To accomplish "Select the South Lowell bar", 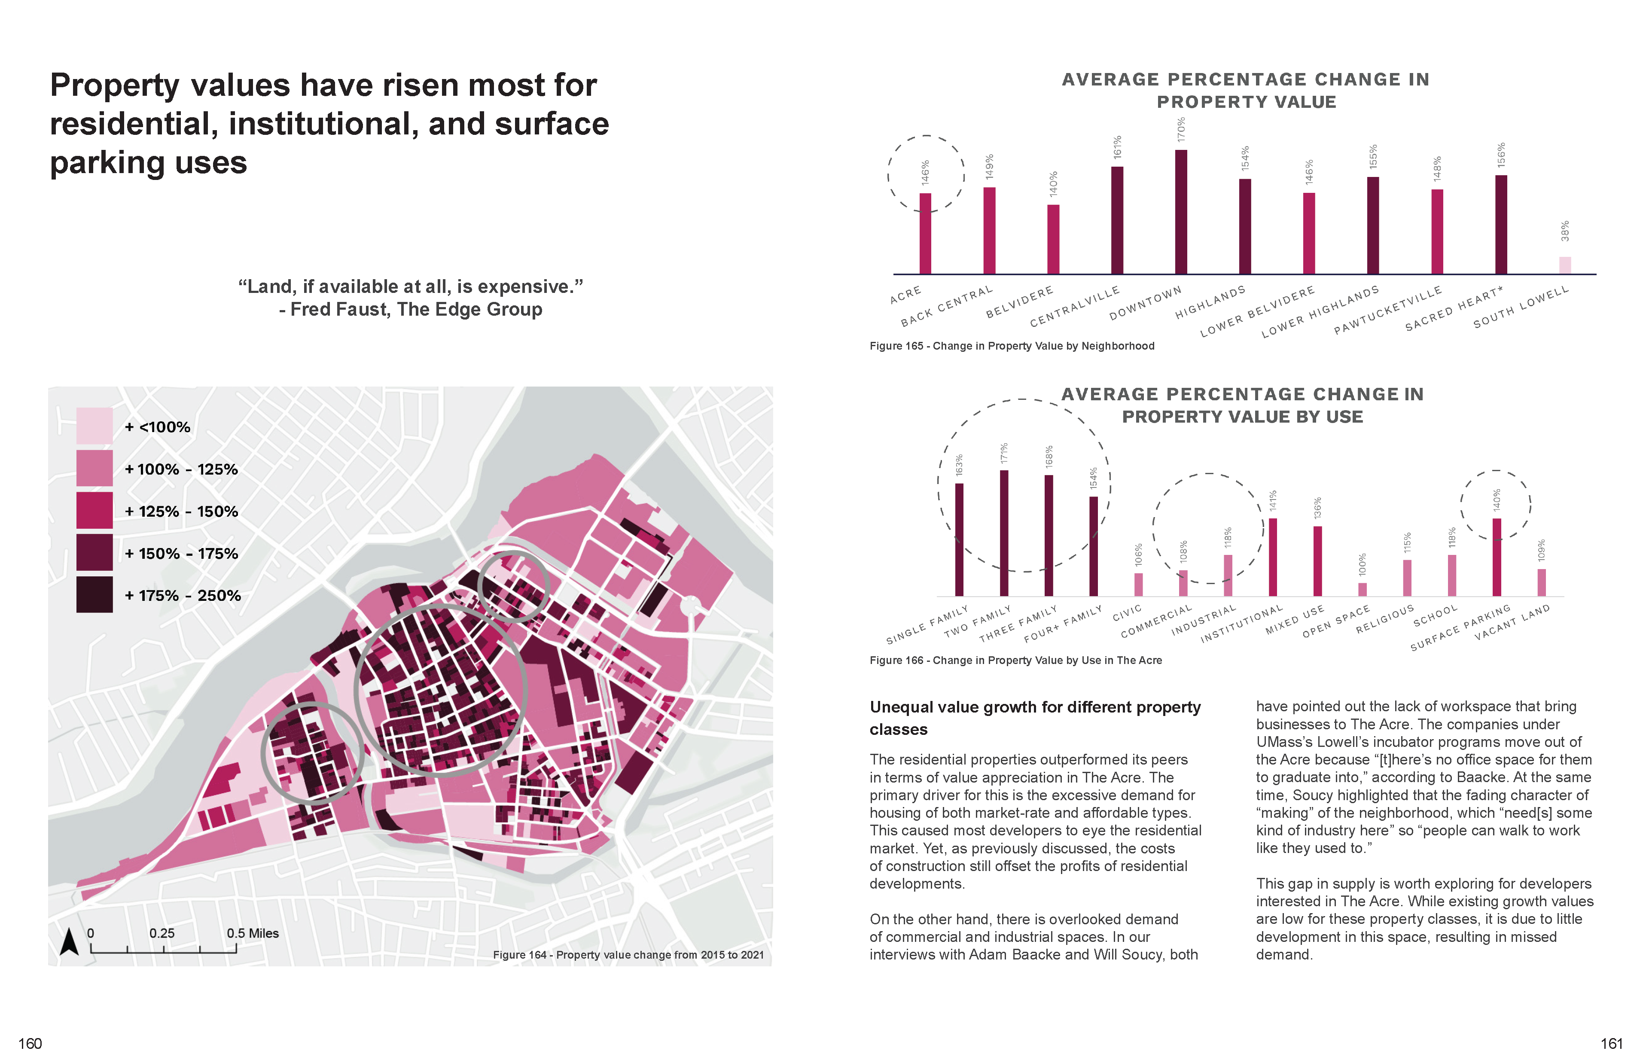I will click(1565, 266).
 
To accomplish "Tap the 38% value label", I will click(1565, 231).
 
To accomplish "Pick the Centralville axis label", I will click(1074, 307).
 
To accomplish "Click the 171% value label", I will click(1004, 453).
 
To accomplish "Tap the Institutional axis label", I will click(1241, 624).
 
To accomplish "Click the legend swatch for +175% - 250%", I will click(94, 594).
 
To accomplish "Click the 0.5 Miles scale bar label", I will click(253, 933).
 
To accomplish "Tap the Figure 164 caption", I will click(628, 955).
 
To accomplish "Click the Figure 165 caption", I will click(1011, 346).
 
